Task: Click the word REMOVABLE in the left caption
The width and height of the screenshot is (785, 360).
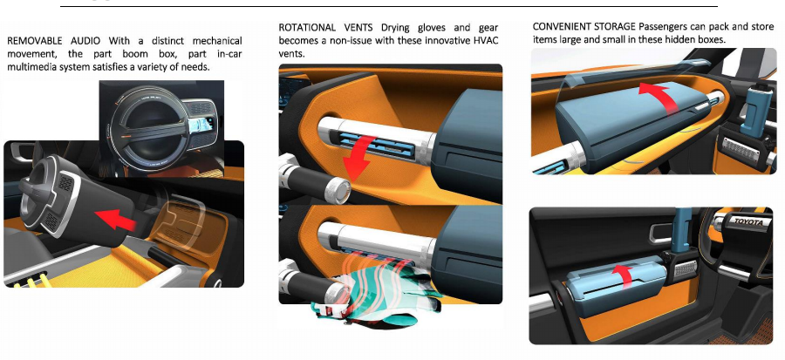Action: [35, 40]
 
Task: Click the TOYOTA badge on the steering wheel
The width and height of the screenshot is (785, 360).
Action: [748, 222]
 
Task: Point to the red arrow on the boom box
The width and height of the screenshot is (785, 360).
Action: [115, 220]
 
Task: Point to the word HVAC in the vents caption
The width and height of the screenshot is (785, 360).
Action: [486, 40]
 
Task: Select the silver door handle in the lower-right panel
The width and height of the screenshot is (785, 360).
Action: [661, 233]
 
